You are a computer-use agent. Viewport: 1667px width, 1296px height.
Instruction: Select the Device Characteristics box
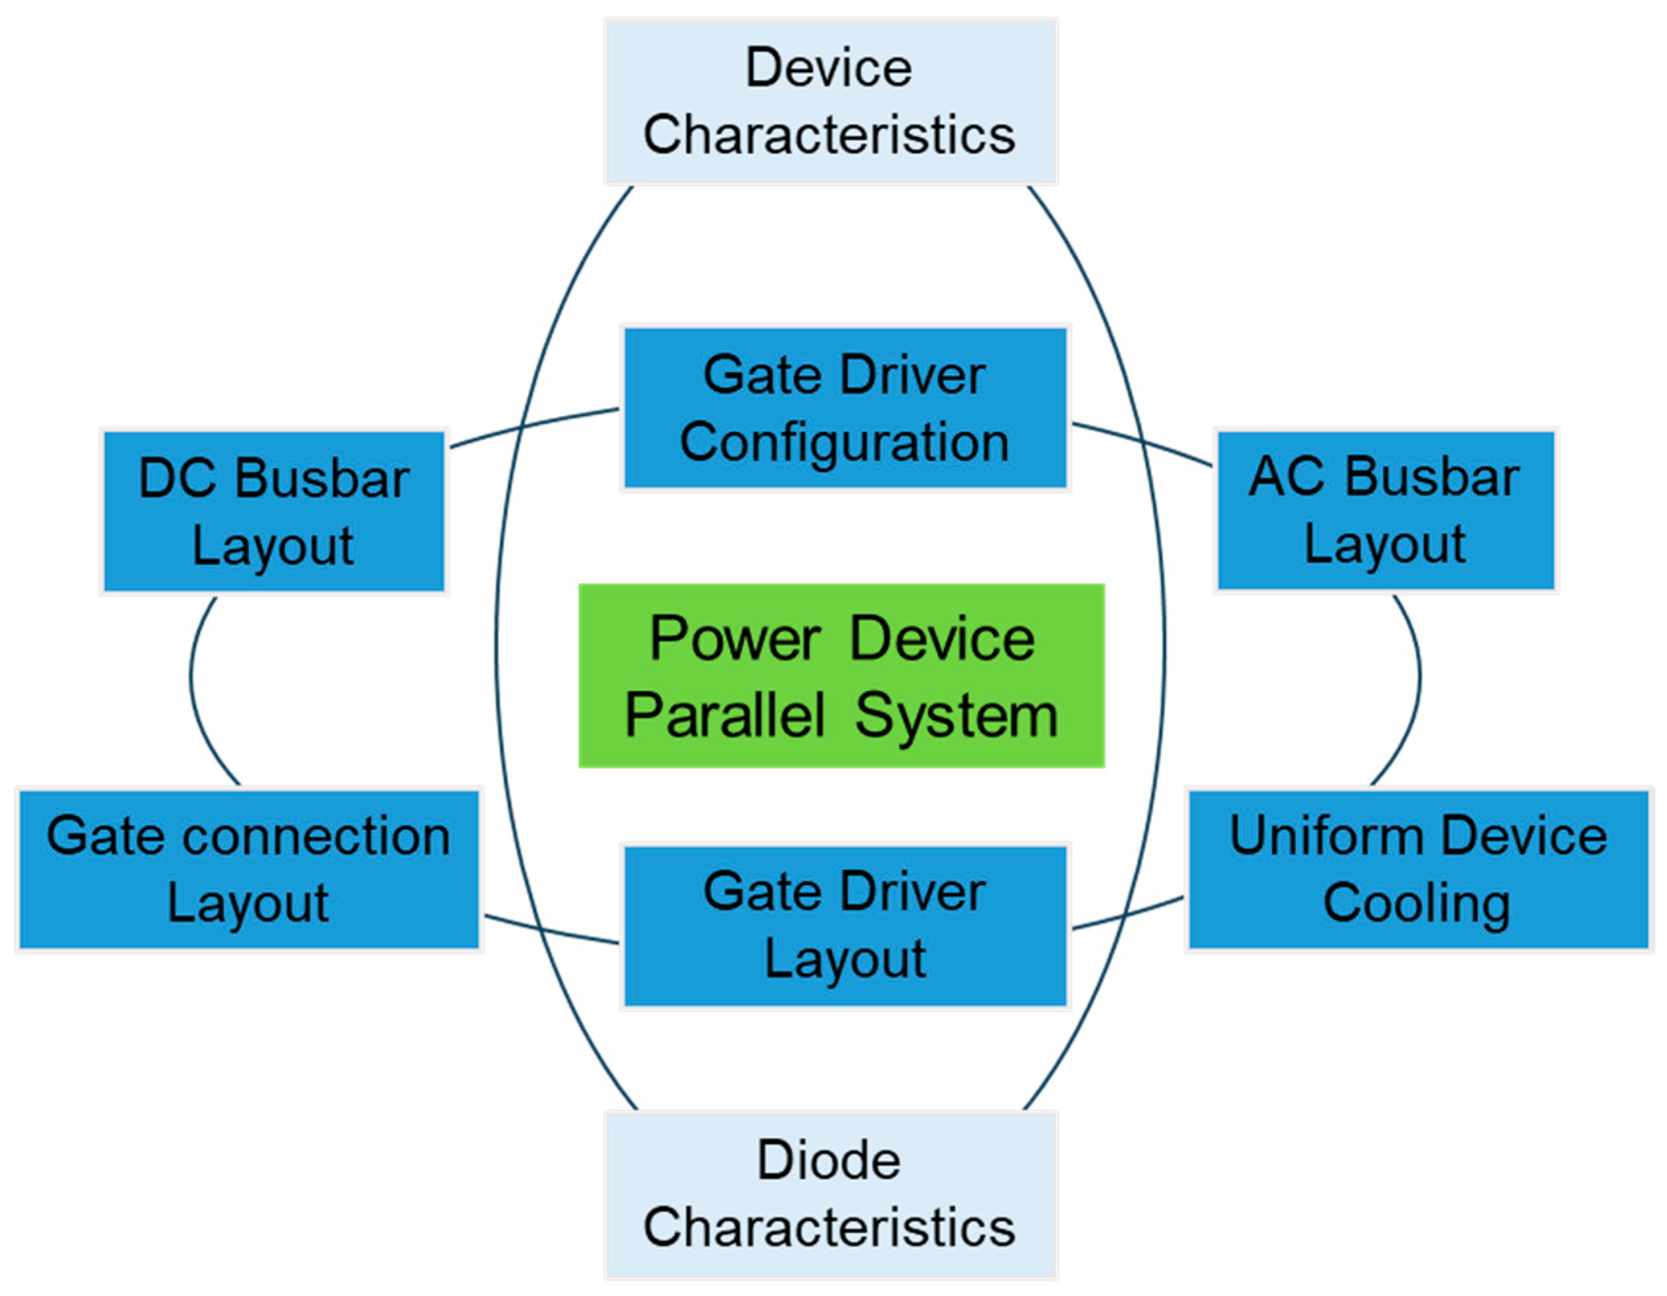pos(830,101)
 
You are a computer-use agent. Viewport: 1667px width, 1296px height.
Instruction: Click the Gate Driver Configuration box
pos(845,408)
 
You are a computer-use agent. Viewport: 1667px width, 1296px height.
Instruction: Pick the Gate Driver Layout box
pos(845,926)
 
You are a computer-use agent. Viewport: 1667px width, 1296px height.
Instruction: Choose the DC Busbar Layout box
pos(273,511)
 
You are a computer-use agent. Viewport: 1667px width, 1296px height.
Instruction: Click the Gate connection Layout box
pos(249,869)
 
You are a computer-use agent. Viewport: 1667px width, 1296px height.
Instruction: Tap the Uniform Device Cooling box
pos(1418,869)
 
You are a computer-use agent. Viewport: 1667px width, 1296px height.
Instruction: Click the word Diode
pos(829,1161)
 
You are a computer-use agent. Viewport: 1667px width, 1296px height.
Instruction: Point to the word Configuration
pos(844,442)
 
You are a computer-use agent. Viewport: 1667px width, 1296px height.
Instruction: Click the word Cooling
pos(1417,904)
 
